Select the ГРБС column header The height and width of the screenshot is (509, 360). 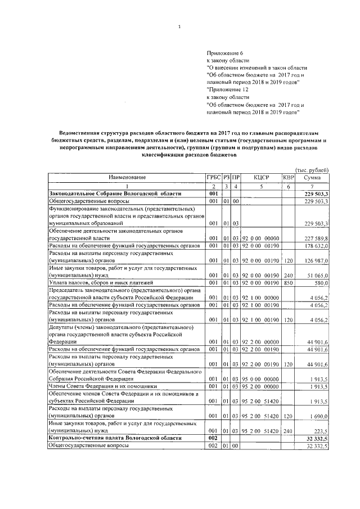tap(214, 177)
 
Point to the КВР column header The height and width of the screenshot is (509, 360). tap(288, 177)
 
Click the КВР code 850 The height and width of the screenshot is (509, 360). tap(288, 282)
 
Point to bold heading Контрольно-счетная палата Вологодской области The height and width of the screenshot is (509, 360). tap(115, 438)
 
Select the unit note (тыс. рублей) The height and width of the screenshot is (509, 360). tap(312, 170)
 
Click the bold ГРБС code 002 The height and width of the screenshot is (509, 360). tap(213, 438)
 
